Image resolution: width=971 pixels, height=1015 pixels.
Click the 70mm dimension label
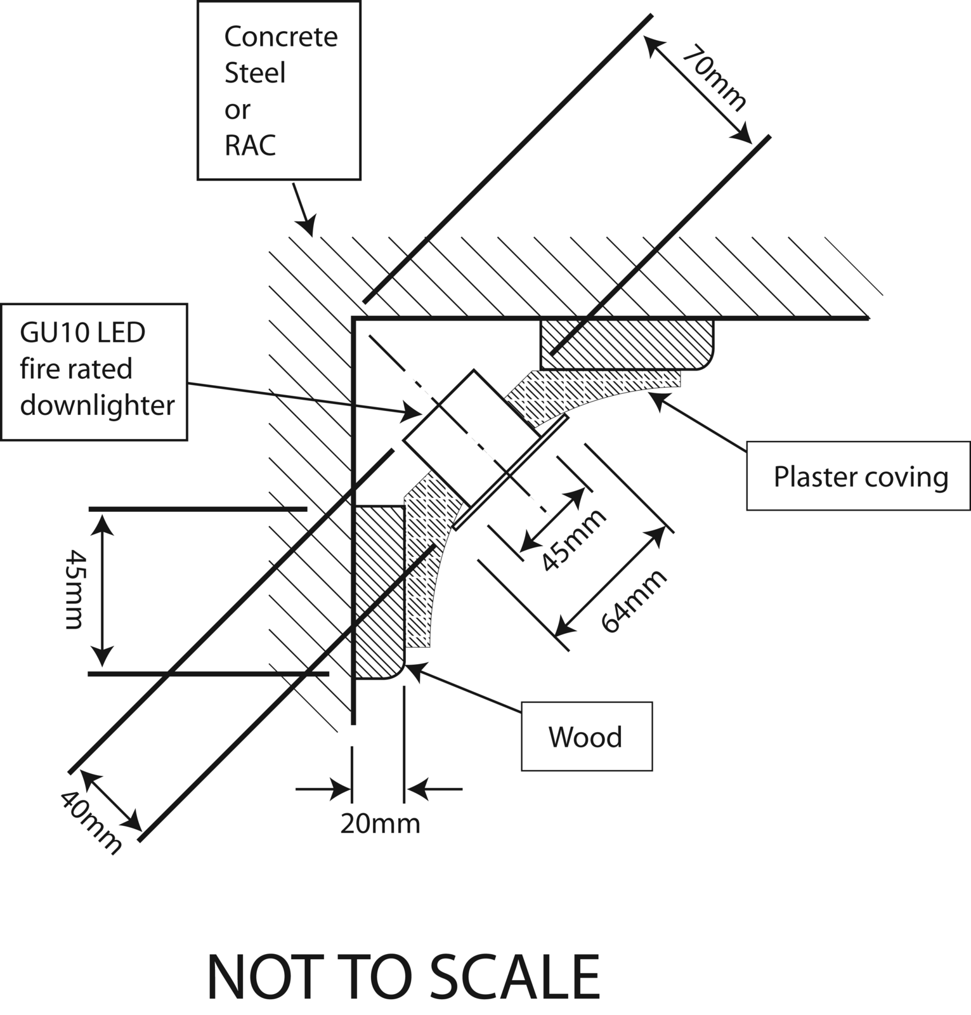pos(715,78)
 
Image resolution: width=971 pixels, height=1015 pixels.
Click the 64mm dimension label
pos(634,600)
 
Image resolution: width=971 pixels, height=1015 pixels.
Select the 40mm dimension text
pos(90,822)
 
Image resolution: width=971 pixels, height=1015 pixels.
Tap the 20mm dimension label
pos(380,824)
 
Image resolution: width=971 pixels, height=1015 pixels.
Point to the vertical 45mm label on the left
pos(75,589)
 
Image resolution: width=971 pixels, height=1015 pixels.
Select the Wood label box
pos(586,737)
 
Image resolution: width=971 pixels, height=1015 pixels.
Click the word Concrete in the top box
pos(280,37)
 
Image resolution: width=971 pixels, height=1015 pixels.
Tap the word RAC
pos(250,146)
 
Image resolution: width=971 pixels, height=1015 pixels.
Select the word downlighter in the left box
pos(97,405)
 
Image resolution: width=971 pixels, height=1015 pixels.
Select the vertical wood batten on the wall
pos(378,590)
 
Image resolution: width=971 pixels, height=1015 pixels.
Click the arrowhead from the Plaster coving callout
pos(656,398)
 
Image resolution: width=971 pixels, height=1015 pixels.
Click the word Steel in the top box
pos(255,74)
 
